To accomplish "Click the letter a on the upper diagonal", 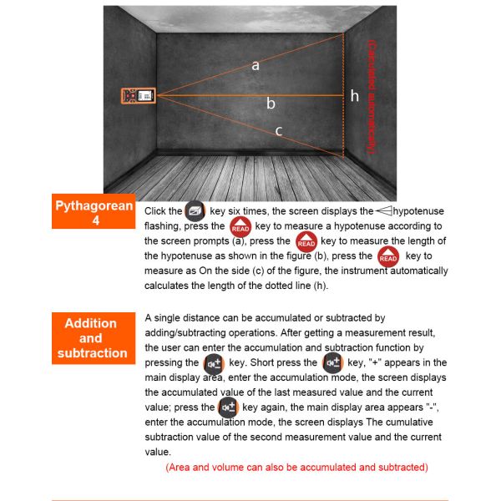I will [x=256, y=65].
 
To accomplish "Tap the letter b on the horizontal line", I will [x=271, y=104].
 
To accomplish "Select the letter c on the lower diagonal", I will [x=278, y=130].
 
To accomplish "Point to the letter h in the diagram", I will [x=354, y=96].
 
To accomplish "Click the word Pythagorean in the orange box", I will [x=94, y=206].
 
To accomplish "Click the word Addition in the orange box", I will [x=91, y=323].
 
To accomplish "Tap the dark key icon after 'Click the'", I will [x=195, y=211].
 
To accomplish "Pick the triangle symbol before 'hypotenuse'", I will [x=383, y=211].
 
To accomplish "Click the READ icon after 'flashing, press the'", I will [x=240, y=227].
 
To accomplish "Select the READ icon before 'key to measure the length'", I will [x=306, y=242].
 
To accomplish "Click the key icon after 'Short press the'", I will [x=332, y=363].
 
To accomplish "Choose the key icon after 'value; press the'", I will [x=228, y=407].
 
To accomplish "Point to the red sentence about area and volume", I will [x=296, y=467].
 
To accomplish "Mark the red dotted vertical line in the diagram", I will [x=344, y=96].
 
